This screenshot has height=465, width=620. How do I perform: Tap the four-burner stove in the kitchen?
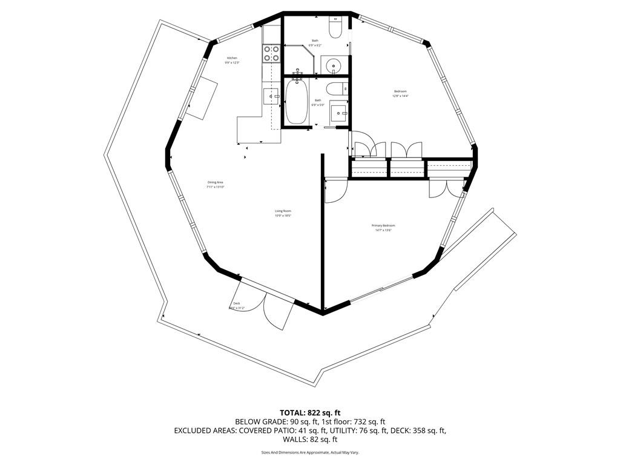(271, 54)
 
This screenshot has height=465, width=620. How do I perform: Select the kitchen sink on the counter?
(270, 96)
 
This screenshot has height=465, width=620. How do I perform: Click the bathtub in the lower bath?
(296, 101)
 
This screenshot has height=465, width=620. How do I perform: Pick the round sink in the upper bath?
(332, 64)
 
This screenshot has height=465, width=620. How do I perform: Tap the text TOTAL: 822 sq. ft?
(314, 413)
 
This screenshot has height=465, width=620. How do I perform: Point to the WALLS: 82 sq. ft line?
(314, 440)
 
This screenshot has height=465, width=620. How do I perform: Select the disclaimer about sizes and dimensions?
(314, 452)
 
